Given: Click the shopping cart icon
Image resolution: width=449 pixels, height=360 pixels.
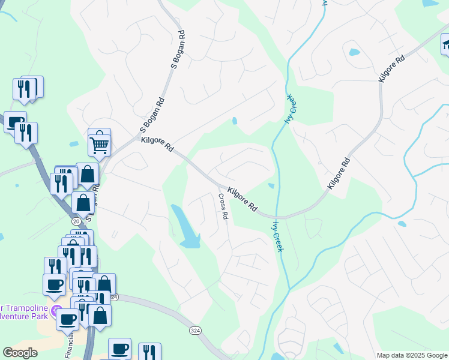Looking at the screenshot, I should [x=99, y=142].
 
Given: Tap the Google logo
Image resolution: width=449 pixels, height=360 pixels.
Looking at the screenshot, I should [x=20, y=353].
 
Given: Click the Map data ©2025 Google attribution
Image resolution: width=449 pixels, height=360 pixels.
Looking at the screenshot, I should [x=411, y=355].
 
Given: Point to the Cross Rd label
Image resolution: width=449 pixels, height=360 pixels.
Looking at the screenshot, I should [x=223, y=206].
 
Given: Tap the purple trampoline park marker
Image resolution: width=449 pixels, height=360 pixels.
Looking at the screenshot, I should [x=57, y=311].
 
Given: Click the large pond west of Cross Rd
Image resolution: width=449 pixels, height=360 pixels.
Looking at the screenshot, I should [x=186, y=228].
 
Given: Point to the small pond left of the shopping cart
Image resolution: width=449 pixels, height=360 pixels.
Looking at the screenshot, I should [x=74, y=145].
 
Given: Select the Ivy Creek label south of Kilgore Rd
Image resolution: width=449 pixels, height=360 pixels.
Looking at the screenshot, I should [x=277, y=236].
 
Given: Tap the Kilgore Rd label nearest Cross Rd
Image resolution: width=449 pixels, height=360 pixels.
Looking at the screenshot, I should [x=243, y=199].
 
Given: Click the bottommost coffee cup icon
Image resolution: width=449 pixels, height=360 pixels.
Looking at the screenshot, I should [x=119, y=349].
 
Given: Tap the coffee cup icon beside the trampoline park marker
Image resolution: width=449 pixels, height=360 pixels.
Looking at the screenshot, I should [x=67, y=318].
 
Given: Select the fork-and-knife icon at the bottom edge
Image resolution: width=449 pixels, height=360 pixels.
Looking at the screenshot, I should [x=149, y=353].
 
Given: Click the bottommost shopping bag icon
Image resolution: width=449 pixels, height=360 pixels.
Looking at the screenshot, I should [x=100, y=316].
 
